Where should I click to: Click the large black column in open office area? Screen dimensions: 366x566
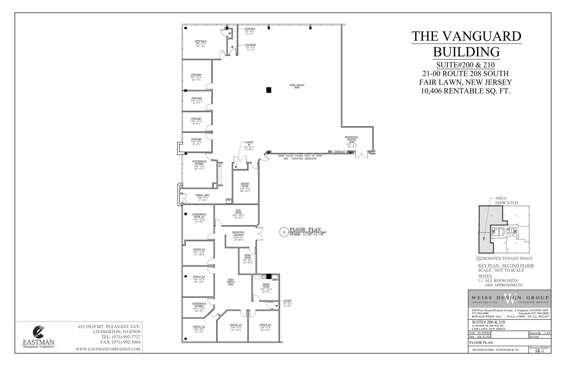pos(269,90)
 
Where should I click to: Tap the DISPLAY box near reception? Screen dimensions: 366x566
pos(340,152)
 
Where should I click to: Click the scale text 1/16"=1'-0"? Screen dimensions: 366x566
pos(306,234)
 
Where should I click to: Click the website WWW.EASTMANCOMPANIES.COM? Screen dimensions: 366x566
pos(108,349)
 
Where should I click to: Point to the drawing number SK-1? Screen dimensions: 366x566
pos(539,351)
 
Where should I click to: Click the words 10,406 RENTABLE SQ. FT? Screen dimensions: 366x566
pos(465,91)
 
